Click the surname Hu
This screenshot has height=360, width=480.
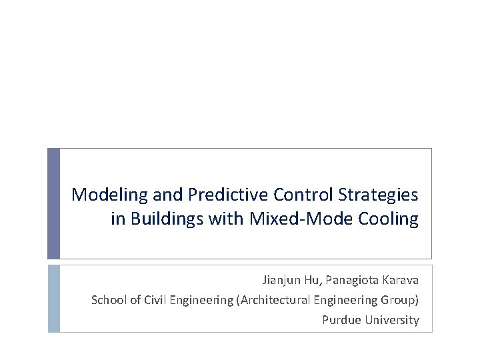312,281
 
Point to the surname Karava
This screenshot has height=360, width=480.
401,281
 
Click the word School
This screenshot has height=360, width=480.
107,300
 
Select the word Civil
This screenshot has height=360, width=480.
153,300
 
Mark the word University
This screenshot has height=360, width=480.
392,320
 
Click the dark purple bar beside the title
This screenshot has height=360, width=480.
53,203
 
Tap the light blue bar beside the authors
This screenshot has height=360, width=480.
53,298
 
